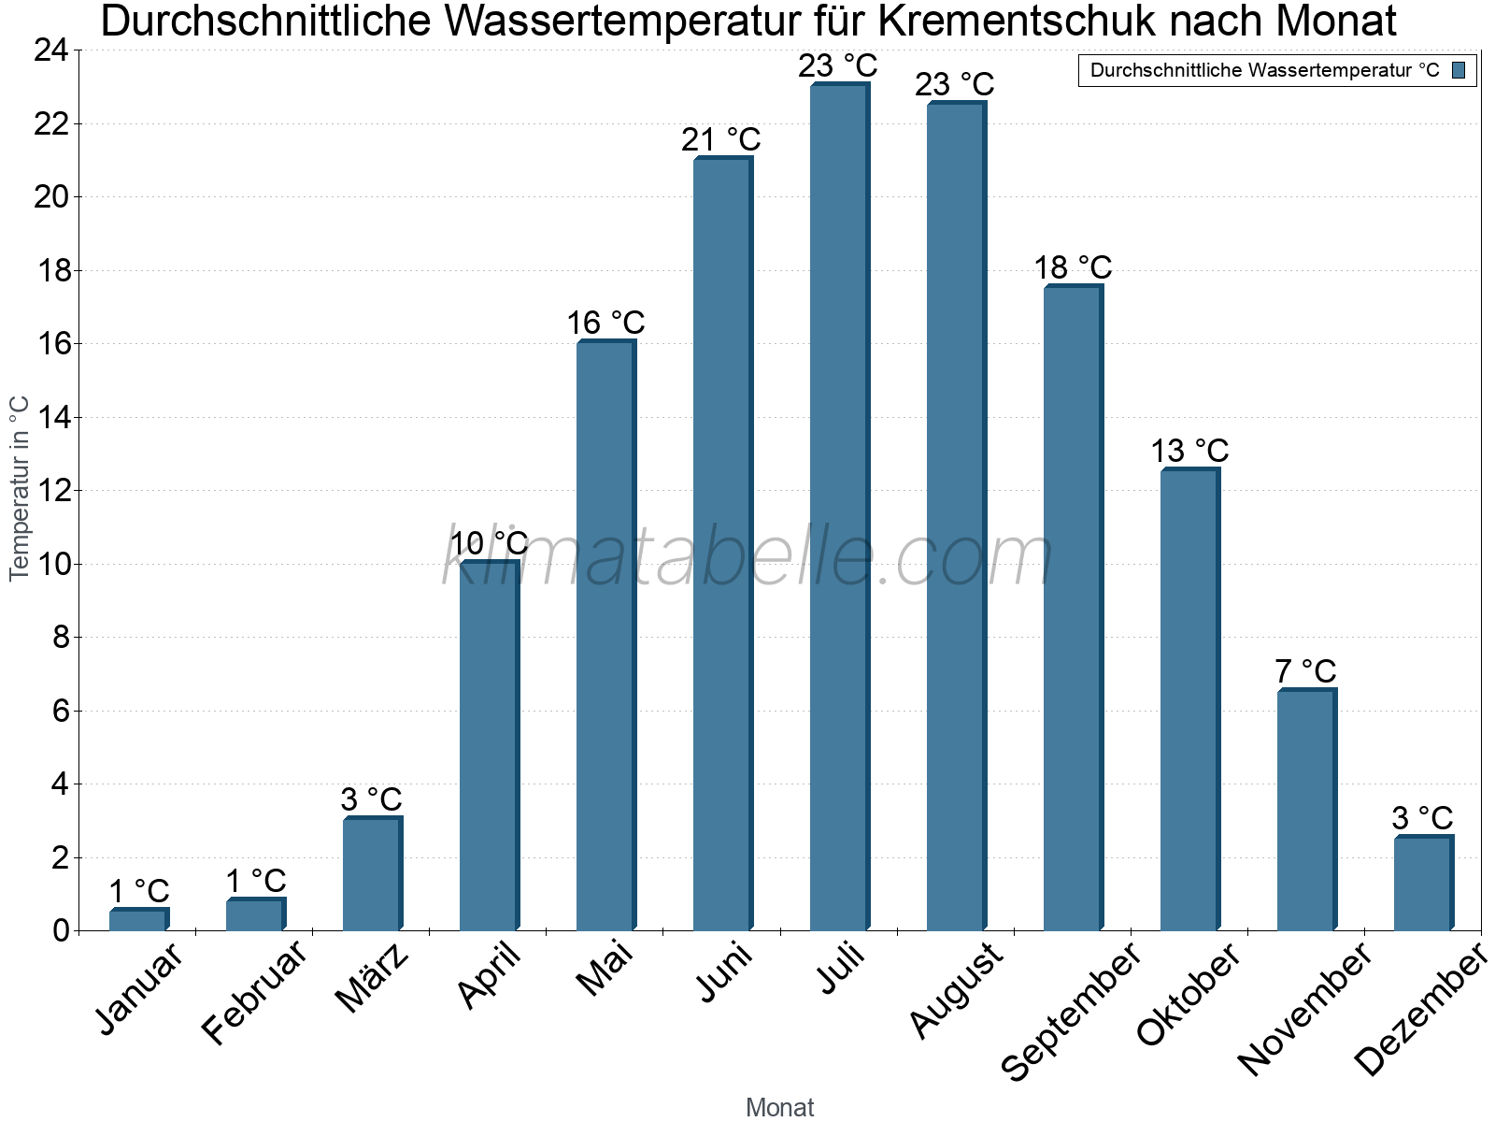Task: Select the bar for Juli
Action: [838, 510]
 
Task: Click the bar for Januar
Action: [138, 920]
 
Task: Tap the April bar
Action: [489, 748]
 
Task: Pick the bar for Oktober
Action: [1189, 701]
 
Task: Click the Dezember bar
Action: [1422, 885]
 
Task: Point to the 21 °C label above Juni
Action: [720, 140]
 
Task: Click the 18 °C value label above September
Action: [1072, 268]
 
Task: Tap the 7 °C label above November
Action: [1305, 671]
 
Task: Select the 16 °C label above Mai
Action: [605, 324]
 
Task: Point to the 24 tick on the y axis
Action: [51, 50]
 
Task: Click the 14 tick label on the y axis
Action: [51, 418]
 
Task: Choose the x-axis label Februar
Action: [253, 993]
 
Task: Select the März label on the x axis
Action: [371, 980]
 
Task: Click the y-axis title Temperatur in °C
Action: [20, 488]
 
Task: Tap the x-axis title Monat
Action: [779, 1108]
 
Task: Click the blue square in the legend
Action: [1459, 70]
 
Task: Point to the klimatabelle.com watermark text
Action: [747, 557]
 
